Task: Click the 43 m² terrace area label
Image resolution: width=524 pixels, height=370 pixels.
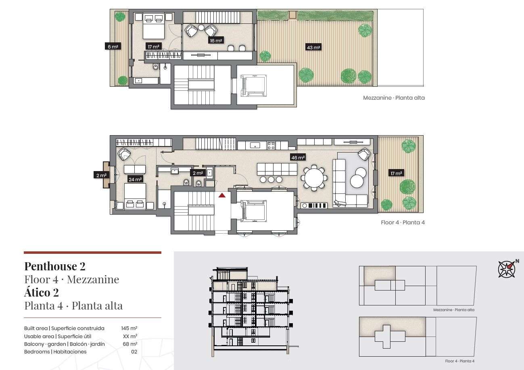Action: pyautogui.click(x=313, y=47)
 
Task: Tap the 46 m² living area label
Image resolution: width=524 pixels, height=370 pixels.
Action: pyautogui.click(x=298, y=157)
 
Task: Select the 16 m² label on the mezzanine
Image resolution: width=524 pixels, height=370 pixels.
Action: pyautogui.click(x=216, y=40)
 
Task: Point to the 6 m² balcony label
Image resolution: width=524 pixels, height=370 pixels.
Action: pyautogui.click(x=113, y=46)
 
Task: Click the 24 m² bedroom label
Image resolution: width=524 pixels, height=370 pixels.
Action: pyautogui.click(x=135, y=179)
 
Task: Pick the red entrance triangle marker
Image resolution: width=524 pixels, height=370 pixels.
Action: pyautogui.click(x=222, y=195)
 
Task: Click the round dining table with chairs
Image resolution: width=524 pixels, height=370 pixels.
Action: pyautogui.click(x=314, y=178)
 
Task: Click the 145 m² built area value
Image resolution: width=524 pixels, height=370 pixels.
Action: pyautogui.click(x=129, y=328)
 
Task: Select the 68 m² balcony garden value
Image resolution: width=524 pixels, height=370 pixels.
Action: pyautogui.click(x=130, y=344)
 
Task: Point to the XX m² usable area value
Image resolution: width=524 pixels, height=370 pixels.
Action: pyautogui.click(x=130, y=336)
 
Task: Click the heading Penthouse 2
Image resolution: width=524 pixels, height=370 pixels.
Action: pyautogui.click(x=55, y=266)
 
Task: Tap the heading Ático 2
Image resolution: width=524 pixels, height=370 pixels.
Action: pyautogui.click(x=42, y=292)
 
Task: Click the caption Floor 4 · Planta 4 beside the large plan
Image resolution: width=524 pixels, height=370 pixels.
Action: pyautogui.click(x=403, y=222)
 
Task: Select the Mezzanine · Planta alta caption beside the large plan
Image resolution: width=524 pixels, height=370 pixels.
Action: pyautogui.click(x=394, y=98)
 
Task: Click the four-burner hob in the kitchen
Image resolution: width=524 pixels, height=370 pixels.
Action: pyautogui.click(x=271, y=146)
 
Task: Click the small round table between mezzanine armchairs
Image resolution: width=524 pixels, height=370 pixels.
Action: pyautogui.click(x=201, y=27)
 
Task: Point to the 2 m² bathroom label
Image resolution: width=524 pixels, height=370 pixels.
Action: pyautogui.click(x=198, y=173)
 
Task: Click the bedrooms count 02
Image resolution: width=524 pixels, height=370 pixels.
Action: pyautogui.click(x=134, y=351)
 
